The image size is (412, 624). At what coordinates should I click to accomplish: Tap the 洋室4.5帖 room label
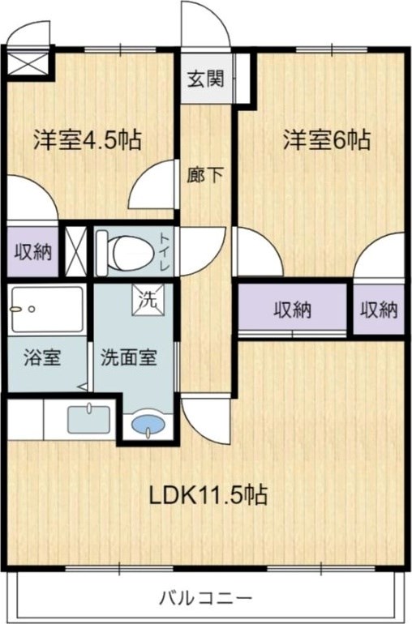88,140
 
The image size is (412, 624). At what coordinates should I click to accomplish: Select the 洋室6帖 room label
327,140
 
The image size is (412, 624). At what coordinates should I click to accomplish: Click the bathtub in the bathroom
47,309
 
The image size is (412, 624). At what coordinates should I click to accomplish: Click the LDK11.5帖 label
208,494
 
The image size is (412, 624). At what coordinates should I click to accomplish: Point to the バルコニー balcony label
205,600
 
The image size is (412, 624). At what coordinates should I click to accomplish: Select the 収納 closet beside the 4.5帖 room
33,251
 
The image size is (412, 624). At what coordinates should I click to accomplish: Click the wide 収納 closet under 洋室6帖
293,309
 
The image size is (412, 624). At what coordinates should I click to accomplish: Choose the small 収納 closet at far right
379,309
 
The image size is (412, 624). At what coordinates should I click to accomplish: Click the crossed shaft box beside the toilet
76,251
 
